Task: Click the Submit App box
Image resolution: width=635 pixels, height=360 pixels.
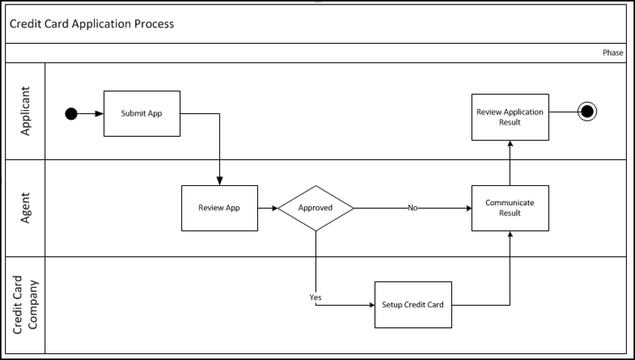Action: coord(141,114)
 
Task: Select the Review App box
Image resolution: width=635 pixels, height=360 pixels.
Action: coord(219,208)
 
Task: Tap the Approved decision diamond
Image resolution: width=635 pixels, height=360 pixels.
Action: coord(315,208)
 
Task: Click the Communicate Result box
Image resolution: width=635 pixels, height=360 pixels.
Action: coord(509,208)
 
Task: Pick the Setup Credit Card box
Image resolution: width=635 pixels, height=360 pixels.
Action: coord(413,304)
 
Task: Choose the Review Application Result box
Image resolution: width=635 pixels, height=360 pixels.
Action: coord(509,117)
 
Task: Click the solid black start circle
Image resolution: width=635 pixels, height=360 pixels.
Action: coord(71,114)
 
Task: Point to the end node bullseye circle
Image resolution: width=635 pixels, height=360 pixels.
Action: coord(587,112)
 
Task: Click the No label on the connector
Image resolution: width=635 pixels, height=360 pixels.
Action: coord(412,208)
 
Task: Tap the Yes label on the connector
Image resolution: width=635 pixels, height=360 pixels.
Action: coord(315,298)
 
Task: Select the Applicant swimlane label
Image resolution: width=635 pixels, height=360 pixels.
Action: coord(25,111)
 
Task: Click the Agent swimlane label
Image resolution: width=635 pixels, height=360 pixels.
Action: coord(25,208)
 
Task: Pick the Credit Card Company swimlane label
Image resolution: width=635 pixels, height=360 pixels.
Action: coord(25,304)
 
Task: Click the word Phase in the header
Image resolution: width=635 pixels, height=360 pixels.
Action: coord(613,53)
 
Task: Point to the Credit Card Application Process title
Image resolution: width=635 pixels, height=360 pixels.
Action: coord(92,24)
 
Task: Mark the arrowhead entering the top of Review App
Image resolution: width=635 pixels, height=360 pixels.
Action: coord(219,181)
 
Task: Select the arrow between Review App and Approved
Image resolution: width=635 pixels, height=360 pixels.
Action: coord(268,208)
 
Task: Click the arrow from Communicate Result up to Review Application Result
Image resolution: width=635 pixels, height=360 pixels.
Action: coord(509,163)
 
